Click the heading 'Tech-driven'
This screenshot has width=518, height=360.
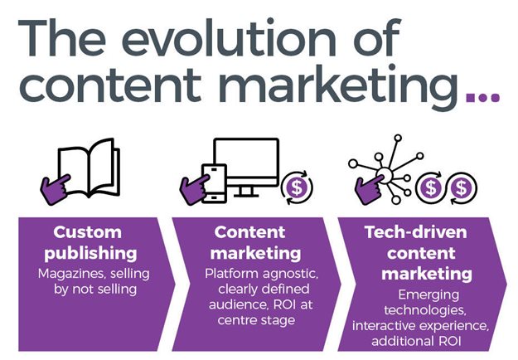[414, 231]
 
